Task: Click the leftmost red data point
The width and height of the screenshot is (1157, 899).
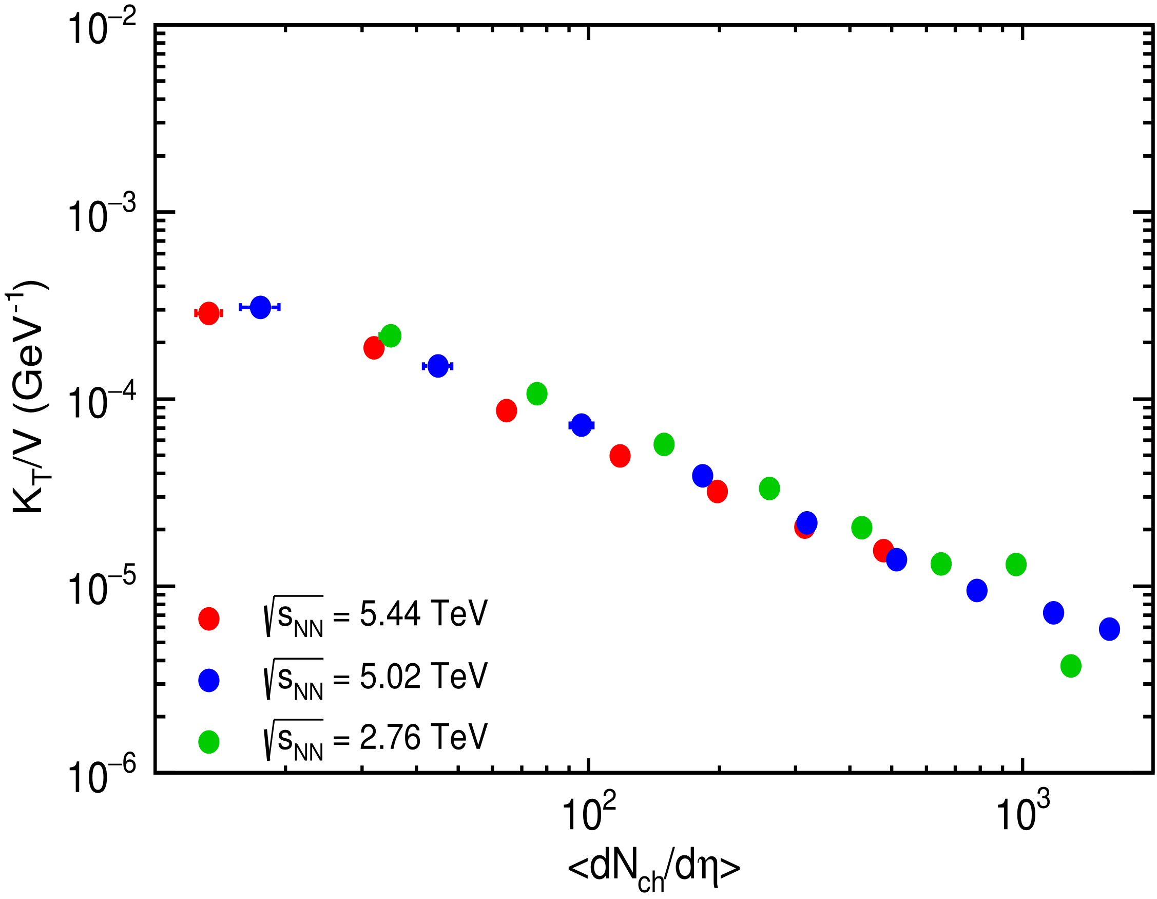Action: click(209, 314)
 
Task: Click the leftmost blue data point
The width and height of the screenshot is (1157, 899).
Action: click(260, 307)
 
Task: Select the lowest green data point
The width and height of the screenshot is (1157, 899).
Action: click(1071, 666)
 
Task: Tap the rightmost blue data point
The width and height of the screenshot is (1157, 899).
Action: click(1109, 629)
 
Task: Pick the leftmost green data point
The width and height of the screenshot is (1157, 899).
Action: click(391, 335)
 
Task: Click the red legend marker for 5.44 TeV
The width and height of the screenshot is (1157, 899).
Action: click(209, 619)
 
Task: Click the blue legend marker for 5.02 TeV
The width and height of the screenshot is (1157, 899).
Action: click(209, 680)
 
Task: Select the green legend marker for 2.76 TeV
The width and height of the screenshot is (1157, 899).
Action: click(209, 742)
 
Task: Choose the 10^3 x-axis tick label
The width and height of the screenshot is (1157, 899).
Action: click(1023, 815)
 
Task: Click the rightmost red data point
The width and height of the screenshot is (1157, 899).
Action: click(883, 551)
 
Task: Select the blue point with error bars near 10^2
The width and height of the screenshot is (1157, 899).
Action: click(582, 425)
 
